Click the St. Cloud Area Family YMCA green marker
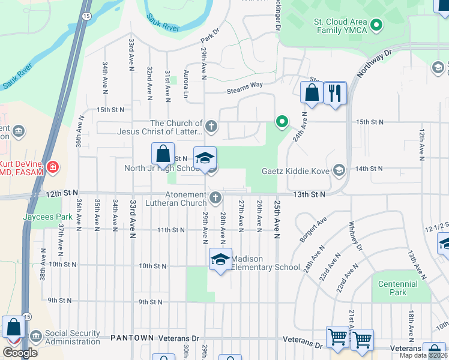(376, 25)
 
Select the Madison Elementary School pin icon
(220, 259)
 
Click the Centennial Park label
(397, 288)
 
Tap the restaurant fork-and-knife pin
(335, 93)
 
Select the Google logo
(20, 353)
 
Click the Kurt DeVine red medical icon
(53, 167)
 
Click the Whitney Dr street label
(355, 237)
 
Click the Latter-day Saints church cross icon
(210, 127)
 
